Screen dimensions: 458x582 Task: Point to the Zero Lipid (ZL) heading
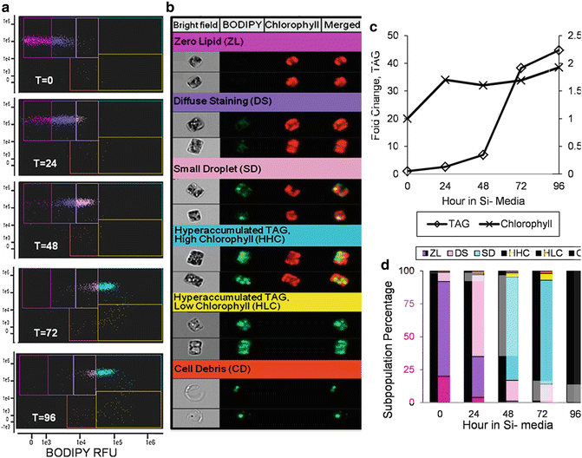[210, 42]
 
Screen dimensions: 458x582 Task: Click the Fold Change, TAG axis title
[363, 103]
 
